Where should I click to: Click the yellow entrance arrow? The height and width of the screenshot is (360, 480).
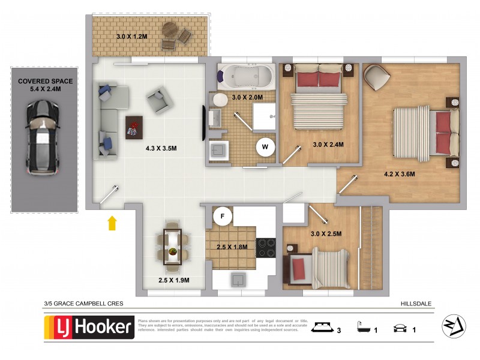pyautogui.click(x=111, y=223)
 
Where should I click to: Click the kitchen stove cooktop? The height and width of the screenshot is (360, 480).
pyautogui.click(x=265, y=248)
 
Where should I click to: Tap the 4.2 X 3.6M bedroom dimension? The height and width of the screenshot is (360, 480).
pyautogui.click(x=400, y=175)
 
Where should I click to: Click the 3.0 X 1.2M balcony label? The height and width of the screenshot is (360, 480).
pyautogui.click(x=131, y=37)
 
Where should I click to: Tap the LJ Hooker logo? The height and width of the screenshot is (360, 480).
pyautogui.click(x=89, y=328)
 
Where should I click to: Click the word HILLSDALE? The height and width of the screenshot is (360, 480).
pyautogui.click(x=416, y=304)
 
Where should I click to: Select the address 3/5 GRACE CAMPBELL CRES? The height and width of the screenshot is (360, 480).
pyautogui.click(x=83, y=304)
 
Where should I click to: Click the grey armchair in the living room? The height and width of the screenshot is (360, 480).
pyautogui.click(x=158, y=100)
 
